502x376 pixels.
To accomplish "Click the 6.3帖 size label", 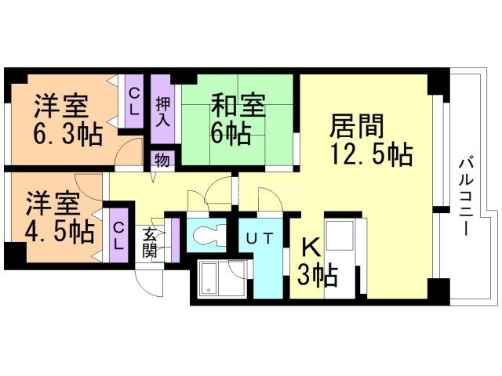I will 67,135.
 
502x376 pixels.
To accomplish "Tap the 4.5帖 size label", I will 60,232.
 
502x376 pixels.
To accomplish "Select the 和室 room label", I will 239,107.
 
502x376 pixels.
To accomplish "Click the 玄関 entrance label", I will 150,244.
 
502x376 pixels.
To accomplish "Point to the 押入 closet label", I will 163,110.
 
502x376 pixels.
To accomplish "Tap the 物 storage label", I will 162,161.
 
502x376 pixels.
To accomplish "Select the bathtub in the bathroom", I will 213,280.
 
